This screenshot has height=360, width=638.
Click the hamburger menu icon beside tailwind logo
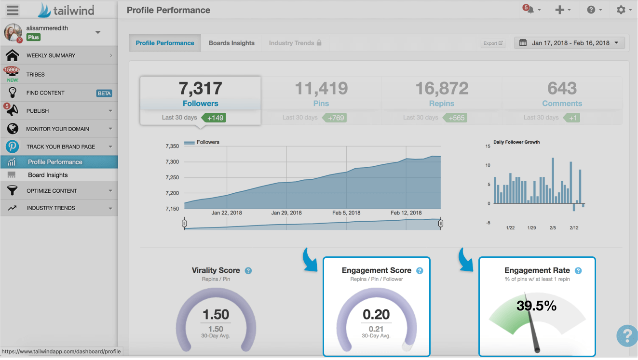tap(13, 10)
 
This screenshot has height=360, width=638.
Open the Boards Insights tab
tap(231, 43)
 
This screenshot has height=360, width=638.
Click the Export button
tap(493, 43)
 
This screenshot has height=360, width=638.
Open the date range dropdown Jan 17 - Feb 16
tap(570, 43)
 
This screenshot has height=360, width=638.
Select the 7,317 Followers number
tap(200, 88)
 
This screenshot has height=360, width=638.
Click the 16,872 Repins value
tap(442, 88)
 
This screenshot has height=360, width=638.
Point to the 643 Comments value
tap(562, 88)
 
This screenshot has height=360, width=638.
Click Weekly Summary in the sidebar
tap(51, 55)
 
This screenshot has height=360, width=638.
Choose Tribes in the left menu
tap(36, 75)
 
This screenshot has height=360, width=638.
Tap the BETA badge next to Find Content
tap(104, 93)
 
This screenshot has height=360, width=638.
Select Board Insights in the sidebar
tap(48, 175)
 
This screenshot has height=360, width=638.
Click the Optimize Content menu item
tap(52, 191)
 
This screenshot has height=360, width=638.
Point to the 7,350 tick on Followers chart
tap(172, 146)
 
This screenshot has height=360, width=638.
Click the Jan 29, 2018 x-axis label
tap(286, 213)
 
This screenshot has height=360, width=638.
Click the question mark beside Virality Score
tap(248, 271)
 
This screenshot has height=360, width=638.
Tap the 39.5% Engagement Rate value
tap(536, 306)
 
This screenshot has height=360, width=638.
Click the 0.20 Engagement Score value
tap(376, 314)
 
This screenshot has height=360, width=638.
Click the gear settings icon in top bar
tap(621, 10)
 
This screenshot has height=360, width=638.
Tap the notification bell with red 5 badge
tap(530, 10)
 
